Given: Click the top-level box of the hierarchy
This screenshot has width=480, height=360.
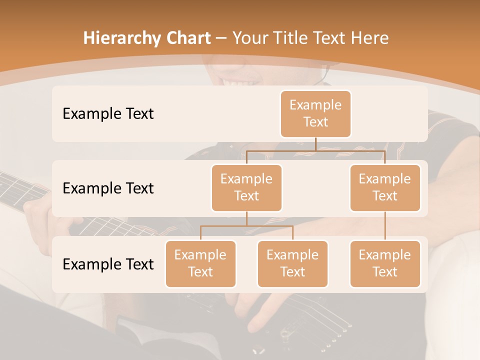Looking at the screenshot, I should [x=315, y=113].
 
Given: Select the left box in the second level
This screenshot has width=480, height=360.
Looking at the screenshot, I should [x=246, y=187].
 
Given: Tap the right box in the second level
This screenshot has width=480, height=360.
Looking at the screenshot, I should [x=385, y=187].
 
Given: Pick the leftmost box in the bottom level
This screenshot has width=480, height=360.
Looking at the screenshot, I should [x=200, y=263].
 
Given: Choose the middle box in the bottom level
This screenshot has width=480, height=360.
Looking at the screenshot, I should [x=292, y=263].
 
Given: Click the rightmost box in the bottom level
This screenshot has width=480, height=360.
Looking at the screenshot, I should [x=385, y=263].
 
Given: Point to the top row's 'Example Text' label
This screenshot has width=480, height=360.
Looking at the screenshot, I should [x=108, y=114].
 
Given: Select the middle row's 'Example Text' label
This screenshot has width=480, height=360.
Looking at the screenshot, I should [x=108, y=188].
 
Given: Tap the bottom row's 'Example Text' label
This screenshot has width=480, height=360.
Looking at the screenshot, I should [x=108, y=264].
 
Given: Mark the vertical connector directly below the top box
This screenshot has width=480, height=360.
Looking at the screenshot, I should [x=315, y=144].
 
